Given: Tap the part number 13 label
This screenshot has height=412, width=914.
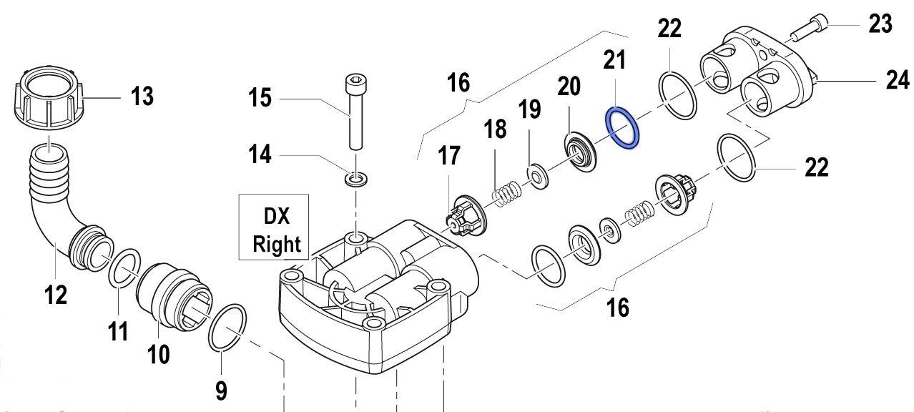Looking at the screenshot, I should tap(142, 95).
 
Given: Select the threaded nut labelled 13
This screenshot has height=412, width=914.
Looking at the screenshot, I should tap(49, 99).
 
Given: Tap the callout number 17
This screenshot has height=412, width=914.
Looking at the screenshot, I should tap(451, 157).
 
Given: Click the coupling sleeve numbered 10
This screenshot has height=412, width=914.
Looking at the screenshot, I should tap(168, 293).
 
